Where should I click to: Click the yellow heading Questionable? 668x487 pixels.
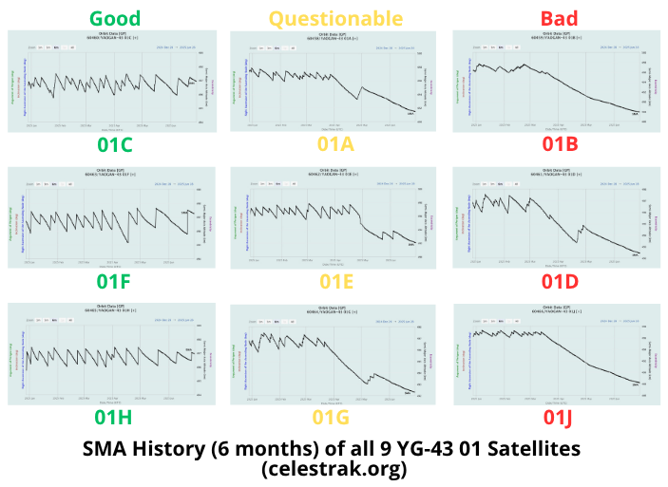click(x=322, y=18)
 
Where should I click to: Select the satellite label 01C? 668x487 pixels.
click(x=114, y=144)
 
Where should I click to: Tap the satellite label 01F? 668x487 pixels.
click(x=114, y=280)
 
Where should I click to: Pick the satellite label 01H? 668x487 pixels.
click(x=114, y=415)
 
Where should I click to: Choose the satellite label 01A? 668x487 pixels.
click(x=335, y=144)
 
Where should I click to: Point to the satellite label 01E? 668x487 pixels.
click(x=335, y=280)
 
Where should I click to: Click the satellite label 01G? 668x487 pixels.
click(x=335, y=415)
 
